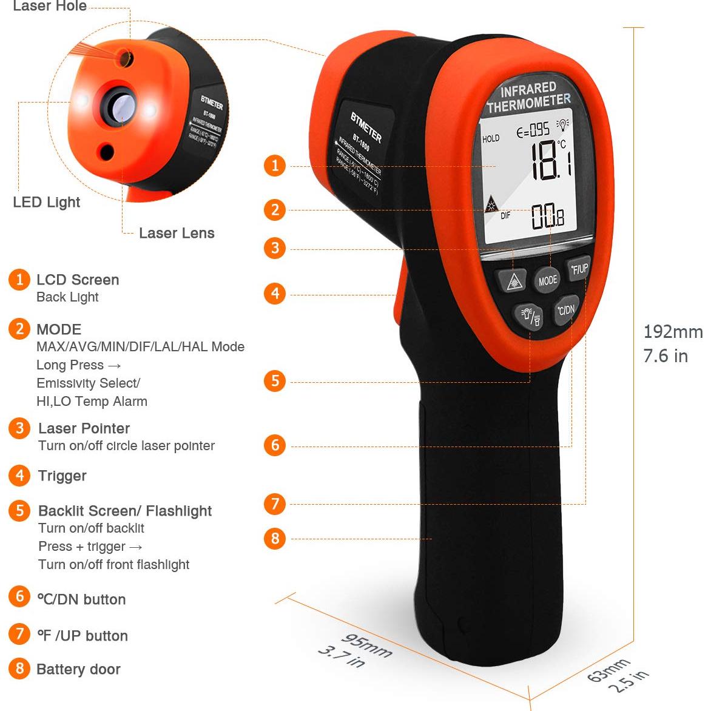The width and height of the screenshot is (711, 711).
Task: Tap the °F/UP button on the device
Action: point(579,269)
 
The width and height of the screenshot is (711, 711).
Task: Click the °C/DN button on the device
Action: point(565,310)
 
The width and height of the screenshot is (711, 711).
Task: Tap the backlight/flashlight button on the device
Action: point(528,315)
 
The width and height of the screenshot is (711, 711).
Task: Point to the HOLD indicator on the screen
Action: point(491,139)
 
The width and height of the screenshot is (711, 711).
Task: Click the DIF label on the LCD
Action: point(505,215)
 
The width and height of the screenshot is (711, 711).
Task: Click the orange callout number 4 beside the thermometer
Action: point(275,294)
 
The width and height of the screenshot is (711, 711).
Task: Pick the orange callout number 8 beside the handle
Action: point(275,538)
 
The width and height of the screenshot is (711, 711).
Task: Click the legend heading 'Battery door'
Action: point(78,669)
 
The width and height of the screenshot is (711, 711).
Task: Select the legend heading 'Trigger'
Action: point(62,476)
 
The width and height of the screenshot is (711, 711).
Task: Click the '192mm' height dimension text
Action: point(672,332)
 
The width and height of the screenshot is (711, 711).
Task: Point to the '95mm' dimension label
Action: point(366,645)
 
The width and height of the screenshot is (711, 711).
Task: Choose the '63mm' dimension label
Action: point(608,670)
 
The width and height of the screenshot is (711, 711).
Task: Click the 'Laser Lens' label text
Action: point(177,233)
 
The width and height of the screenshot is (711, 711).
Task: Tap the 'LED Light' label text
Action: point(47,202)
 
